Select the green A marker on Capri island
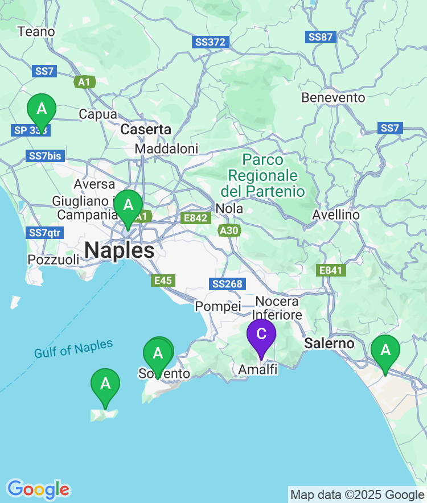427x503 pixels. point(105,384)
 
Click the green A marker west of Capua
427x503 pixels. point(42,109)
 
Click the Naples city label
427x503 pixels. point(120,250)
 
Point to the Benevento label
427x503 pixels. point(333,98)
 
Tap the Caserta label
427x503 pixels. point(146,130)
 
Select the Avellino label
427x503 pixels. point(336,215)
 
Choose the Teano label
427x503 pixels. point(36,32)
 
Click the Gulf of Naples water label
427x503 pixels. point(73,349)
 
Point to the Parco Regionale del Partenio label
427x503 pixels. point(262,175)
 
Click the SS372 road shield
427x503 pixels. point(211,42)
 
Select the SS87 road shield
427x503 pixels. point(321,37)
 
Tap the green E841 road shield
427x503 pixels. point(331,270)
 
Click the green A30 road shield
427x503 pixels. point(229,230)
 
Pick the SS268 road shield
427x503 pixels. point(227,284)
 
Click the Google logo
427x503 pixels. point(38,489)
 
